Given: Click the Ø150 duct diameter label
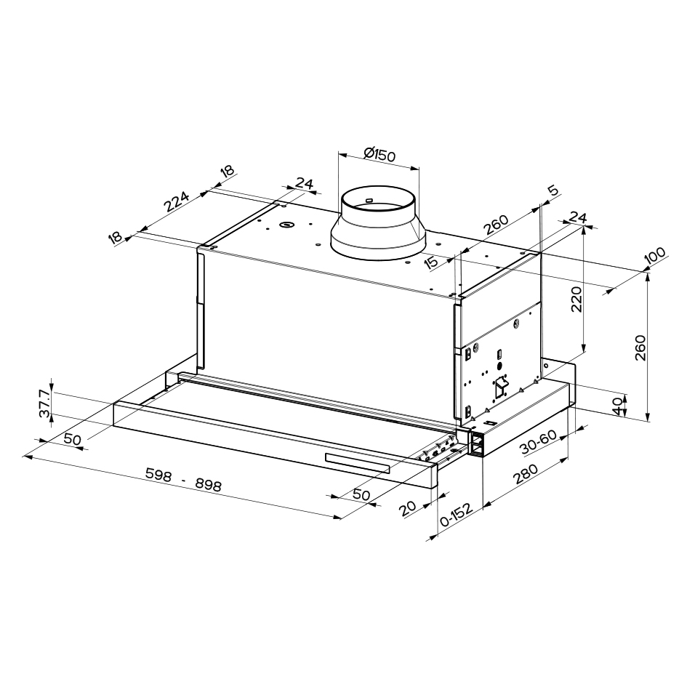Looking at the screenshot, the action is coord(379,155).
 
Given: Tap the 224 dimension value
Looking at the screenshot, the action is coord(176,202).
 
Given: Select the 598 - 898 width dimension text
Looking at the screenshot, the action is coord(184,479).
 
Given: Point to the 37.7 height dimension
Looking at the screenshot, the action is coord(44,403).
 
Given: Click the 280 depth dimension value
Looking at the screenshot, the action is coord(526,474).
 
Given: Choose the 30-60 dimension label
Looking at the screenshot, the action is coord(539,442).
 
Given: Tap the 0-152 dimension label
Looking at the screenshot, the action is coord(457,515).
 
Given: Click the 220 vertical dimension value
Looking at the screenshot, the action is coord(577,300).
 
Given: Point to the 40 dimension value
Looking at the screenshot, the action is coord(617,406).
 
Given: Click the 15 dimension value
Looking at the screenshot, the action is coord(431,262).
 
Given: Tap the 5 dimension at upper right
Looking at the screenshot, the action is coord(554,190).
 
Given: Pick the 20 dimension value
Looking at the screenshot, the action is coord(408,508).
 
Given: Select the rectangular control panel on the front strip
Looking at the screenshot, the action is coord(357,464).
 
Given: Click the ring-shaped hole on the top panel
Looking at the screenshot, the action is coord(286,225).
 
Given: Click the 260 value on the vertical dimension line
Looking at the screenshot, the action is coord(640,347).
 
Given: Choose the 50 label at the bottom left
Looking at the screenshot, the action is coord(73,439).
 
